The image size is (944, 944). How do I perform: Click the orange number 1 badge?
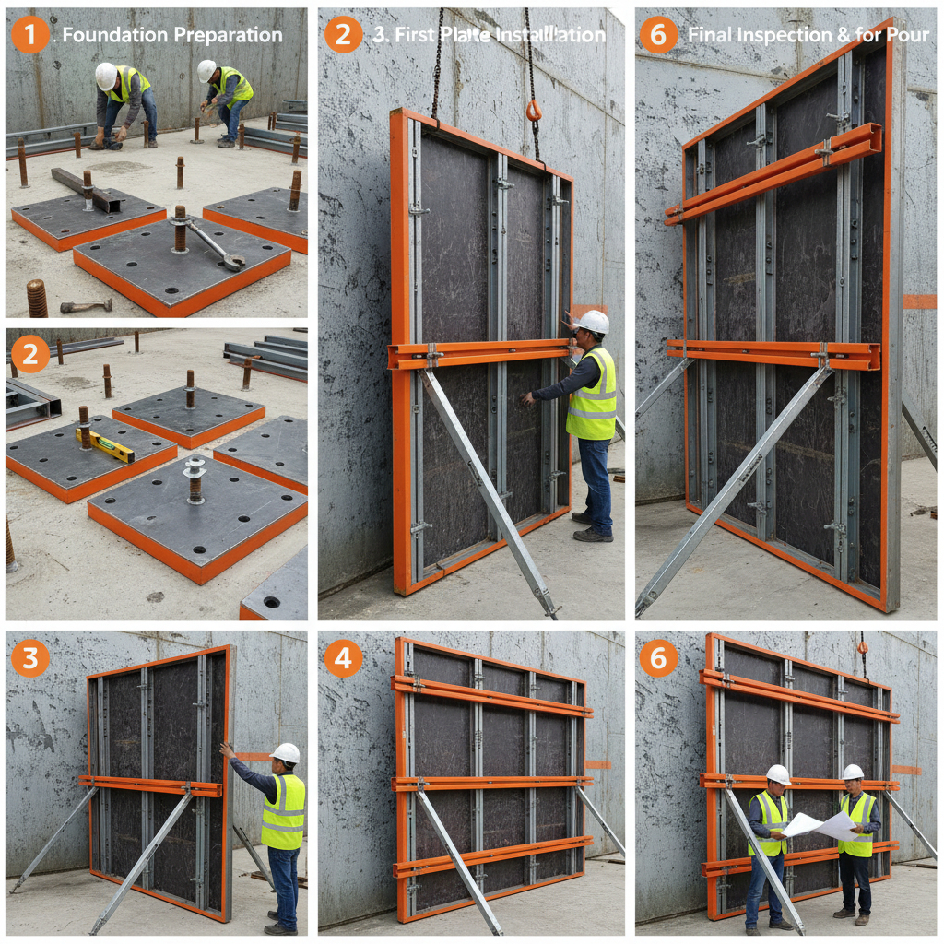click(30, 34)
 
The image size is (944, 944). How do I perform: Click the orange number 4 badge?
click(343, 658)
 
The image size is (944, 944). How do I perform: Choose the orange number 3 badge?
click(30, 658)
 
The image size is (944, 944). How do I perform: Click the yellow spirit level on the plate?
click(105, 444)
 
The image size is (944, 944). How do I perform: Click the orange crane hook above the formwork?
click(534, 111)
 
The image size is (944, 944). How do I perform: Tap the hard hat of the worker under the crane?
click(593, 322)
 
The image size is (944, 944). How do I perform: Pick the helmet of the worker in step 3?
click(286, 753)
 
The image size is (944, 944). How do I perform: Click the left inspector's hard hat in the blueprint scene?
click(779, 774)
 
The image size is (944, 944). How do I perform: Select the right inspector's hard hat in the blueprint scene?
click(853, 772)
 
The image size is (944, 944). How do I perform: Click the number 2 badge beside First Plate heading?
click(343, 34)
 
